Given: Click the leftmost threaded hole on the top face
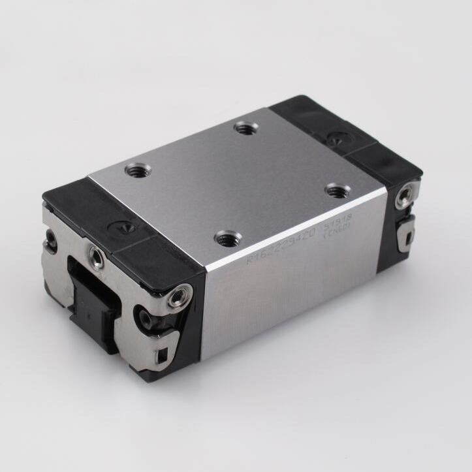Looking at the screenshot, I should [x=138, y=170].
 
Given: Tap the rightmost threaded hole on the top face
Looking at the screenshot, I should [x=338, y=191].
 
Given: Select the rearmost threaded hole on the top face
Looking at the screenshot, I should [x=246, y=129].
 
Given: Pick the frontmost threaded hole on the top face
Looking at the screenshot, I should [x=227, y=238].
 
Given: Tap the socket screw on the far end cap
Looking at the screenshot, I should [x=405, y=195].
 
